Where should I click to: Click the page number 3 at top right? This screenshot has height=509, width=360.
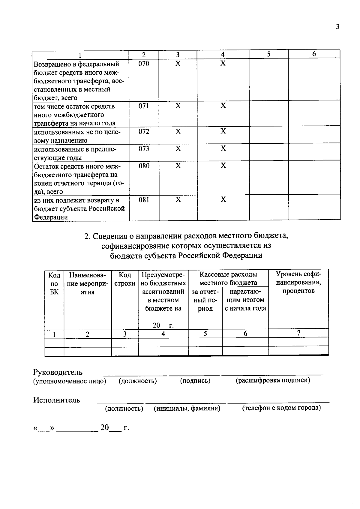click(337, 27)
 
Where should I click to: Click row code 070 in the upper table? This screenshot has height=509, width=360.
click(144, 64)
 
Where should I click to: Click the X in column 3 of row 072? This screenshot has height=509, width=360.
click(178, 131)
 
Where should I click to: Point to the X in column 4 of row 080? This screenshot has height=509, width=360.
click(223, 166)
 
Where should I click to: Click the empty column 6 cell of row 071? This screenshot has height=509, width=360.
click(314, 113)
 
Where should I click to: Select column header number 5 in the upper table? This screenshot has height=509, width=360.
click(268, 54)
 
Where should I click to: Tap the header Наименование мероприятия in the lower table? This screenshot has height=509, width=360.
click(87, 283)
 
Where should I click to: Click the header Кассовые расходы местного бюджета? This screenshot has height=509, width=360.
click(228, 278)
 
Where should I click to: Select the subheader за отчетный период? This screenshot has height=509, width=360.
click(205, 300)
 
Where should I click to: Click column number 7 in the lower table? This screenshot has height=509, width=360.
click(298, 333)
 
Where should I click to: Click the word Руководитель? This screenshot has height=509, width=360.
click(58, 372)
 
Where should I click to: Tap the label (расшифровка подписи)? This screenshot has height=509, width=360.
click(273, 380)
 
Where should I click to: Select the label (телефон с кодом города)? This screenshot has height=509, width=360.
click(281, 408)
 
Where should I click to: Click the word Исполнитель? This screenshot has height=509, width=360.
click(57, 400)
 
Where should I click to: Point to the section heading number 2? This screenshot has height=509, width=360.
click(87, 236)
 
